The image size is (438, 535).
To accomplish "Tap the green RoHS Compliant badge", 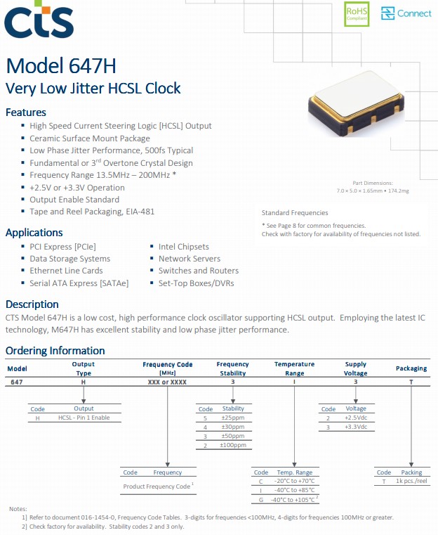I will pyautogui.click(x=357, y=14).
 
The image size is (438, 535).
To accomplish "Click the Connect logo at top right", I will pyautogui.click(x=406, y=13).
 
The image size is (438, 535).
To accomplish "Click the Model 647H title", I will pyautogui.click(x=61, y=66).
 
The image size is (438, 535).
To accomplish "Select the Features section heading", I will pyautogui.click(x=26, y=112).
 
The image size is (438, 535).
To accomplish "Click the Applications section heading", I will pyautogui.click(x=34, y=233).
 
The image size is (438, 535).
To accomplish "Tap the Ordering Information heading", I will pyautogui.click(x=55, y=351).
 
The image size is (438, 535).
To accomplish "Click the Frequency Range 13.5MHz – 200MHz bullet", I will pyautogui.click(x=102, y=175).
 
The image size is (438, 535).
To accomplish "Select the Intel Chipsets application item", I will pyautogui.click(x=184, y=247).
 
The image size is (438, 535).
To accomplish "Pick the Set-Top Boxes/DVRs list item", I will pyautogui.click(x=196, y=283).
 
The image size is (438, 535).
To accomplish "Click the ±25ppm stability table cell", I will pyautogui.click(x=233, y=418).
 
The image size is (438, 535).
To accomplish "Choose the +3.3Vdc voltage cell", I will pyautogui.click(x=357, y=427).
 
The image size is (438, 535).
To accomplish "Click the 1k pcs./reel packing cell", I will pyautogui.click(x=411, y=482).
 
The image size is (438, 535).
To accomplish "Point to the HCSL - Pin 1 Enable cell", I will pyautogui.click(x=84, y=418).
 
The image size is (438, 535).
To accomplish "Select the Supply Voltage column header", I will pyautogui.click(x=356, y=368).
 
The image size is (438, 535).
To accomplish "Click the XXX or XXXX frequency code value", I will pyautogui.click(x=167, y=380).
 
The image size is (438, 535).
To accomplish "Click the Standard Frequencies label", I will pyautogui.click(x=295, y=212).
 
